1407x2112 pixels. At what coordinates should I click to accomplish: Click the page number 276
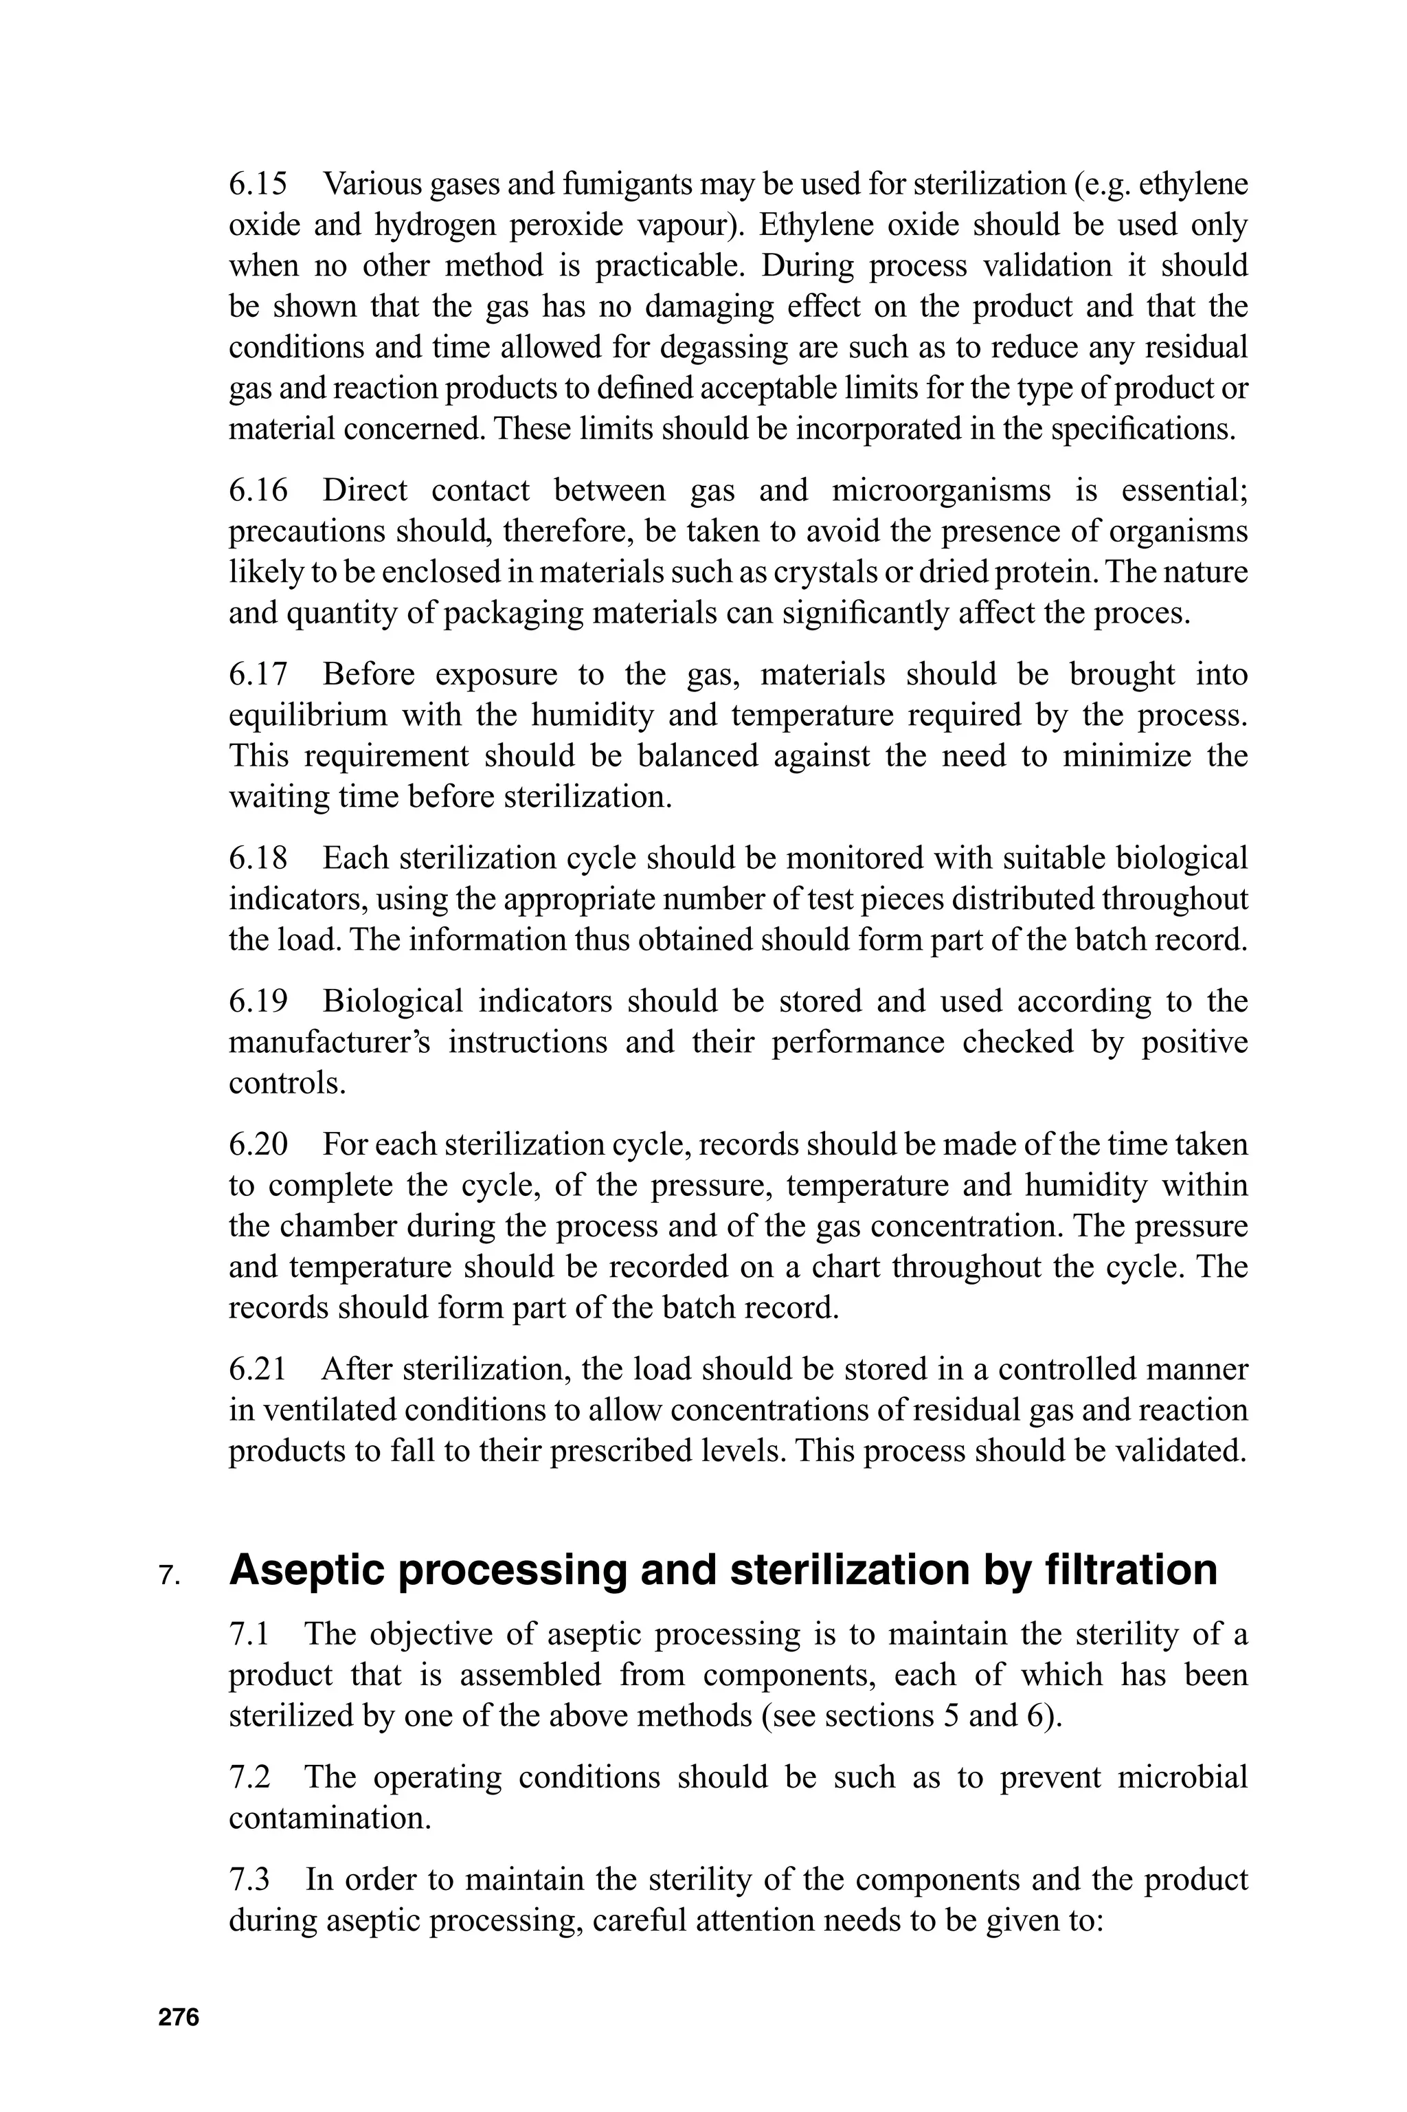click(x=179, y=2017)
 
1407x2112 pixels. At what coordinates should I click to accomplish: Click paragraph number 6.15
click(x=258, y=184)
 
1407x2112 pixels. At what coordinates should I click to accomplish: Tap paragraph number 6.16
click(x=258, y=490)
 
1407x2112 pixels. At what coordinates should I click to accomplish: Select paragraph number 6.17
click(x=258, y=674)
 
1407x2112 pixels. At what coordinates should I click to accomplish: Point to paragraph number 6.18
click(x=258, y=858)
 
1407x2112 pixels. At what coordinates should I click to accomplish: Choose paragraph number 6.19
click(x=258, y=1001)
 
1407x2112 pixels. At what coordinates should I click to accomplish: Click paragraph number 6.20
click(x=258, y=1144)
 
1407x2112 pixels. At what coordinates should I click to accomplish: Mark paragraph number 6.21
click(x=258, y=1369)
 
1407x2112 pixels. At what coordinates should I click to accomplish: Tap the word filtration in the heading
click(x=1131, y=1569)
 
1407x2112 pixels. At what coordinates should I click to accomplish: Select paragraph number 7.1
click(x=249, y=1634)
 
